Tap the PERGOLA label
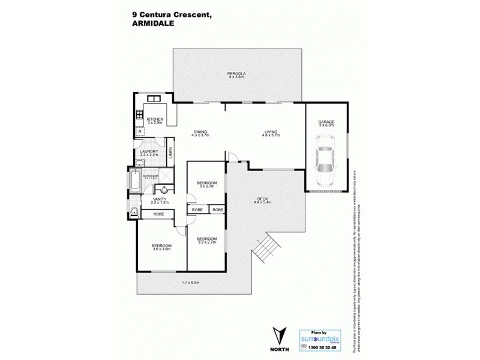click(x=238, y=73)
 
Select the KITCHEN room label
click(x=155, y=119)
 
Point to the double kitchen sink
click(x=149, y=100)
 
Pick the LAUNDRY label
click(x=148, y=151)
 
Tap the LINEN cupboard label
click(x=170, y=153)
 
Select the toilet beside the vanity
click(x=133, y=210)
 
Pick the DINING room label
click(x=200, y=133)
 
